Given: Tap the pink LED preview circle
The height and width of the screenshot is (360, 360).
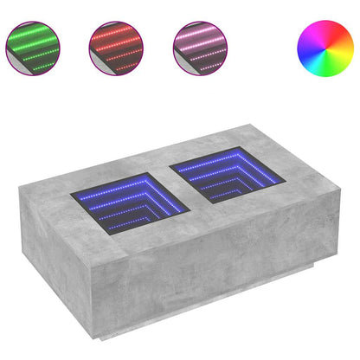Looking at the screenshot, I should (202, 48).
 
